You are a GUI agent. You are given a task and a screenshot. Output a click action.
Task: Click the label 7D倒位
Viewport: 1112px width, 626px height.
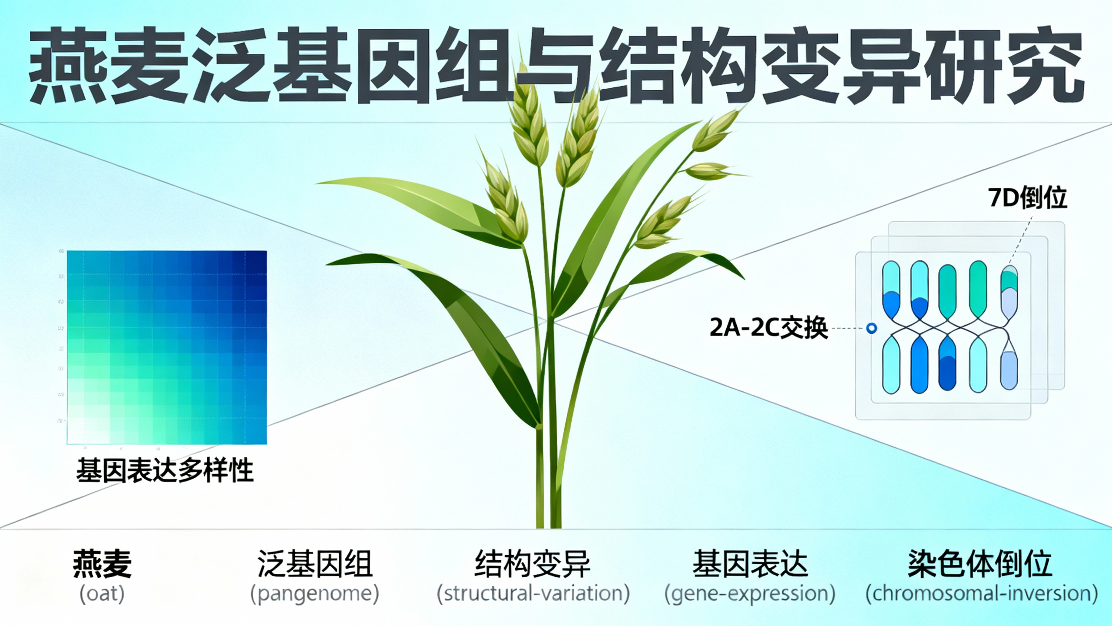point(1027,198)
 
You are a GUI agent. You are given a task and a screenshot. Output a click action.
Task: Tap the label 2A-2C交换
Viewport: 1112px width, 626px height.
point(768,328)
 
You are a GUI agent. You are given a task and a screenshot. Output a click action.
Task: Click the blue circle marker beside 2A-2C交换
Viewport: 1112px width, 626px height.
point(871,328)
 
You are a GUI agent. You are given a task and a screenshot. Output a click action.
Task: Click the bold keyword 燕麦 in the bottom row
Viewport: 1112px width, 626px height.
point(102,563)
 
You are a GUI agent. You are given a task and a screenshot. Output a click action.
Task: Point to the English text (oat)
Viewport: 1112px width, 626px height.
point(102,593)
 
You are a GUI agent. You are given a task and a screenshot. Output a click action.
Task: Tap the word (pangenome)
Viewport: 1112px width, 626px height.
point(314,593)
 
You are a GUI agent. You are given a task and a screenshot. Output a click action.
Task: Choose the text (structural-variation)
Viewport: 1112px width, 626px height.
point(533,593)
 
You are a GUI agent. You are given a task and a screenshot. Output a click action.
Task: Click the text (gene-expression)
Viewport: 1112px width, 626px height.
point(750,593)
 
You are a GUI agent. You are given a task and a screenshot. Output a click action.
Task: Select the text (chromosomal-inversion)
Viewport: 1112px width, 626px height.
point(981,593)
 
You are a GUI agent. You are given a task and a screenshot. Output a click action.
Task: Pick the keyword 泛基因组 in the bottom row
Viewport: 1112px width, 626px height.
point(314,563)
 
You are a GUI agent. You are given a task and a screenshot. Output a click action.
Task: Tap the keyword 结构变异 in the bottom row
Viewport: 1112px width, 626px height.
point(533,563)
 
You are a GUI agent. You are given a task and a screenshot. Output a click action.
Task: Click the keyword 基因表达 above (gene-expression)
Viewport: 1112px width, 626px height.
point(750,563)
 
